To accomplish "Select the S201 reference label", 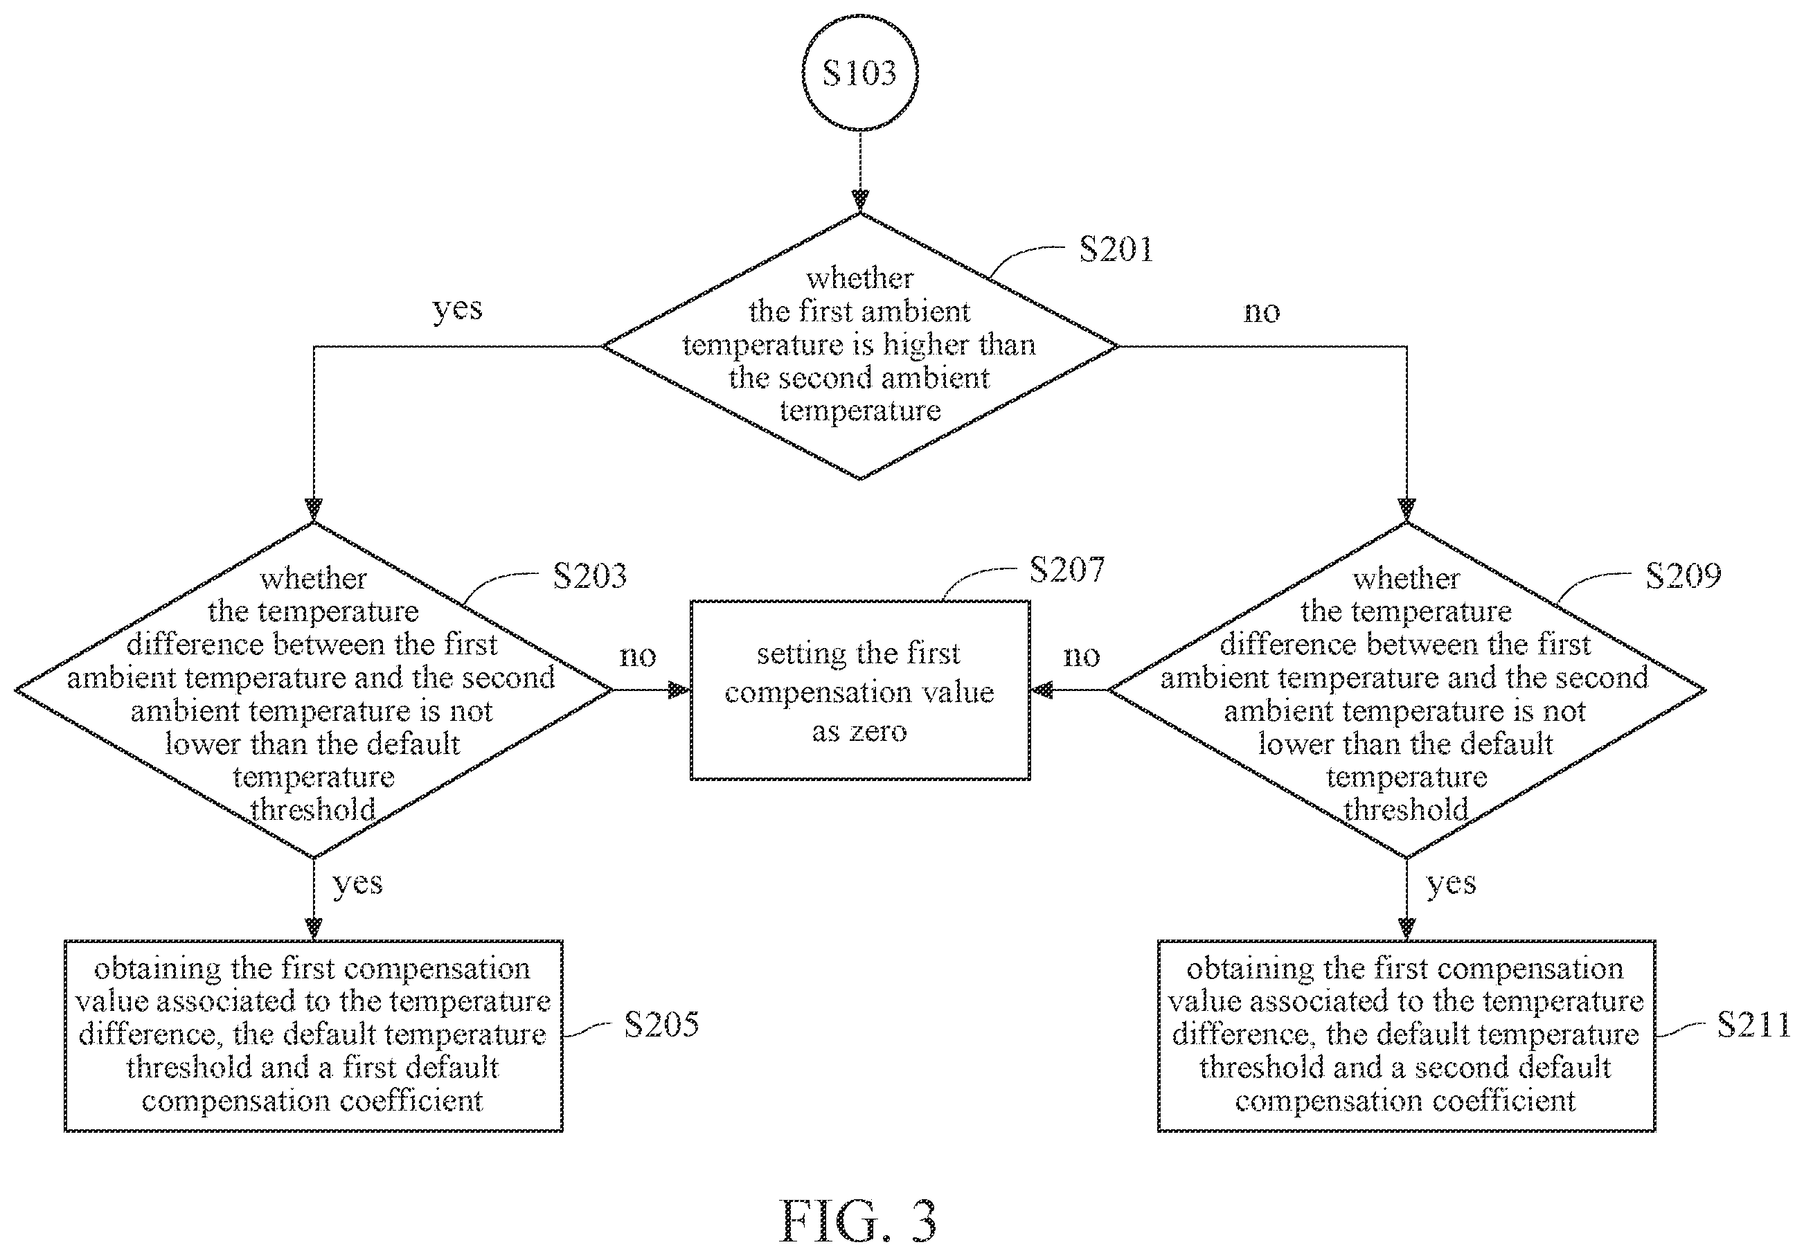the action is click(x=1116, y=250).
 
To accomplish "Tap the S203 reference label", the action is click(x=589, y=576).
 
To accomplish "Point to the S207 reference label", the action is click(x=1066, y=569).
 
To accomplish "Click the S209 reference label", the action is click(x=1683, y=576).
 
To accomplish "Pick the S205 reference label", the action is click(x=661, y=1024).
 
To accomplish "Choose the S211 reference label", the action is click(x=1753, y=1024).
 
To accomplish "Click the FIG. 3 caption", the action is click(x=858, y=1221).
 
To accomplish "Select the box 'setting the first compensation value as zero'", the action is click(x=860, y=690).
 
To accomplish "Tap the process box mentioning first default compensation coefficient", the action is click(x=314, y=1035).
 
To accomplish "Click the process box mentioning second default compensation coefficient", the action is click(x=1406, y=1035).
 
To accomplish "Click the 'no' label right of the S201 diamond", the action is click(x=1262, y=312).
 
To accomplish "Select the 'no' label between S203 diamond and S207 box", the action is click(x=637, y=656).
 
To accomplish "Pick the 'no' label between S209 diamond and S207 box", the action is click(x=1081, y=656).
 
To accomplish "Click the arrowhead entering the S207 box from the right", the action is click(x=1042, y=690).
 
